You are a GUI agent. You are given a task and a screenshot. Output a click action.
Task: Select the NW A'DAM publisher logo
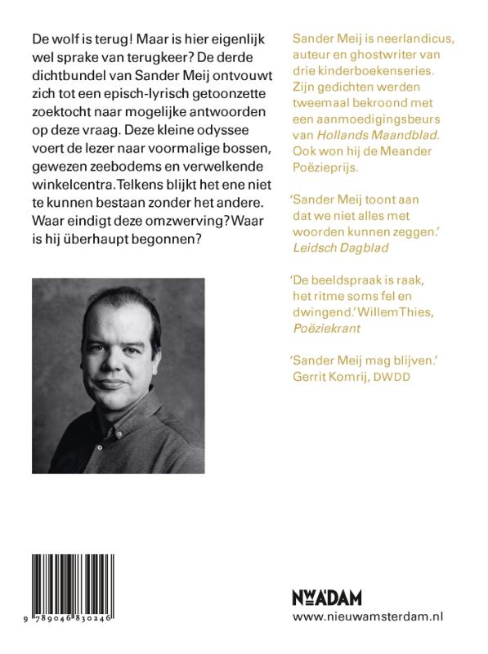tap(326, 598)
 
